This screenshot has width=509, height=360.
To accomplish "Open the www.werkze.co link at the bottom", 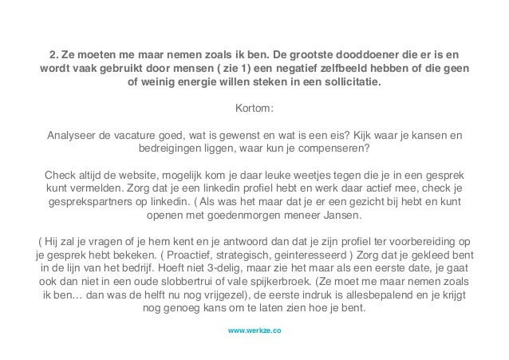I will [254, 328].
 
